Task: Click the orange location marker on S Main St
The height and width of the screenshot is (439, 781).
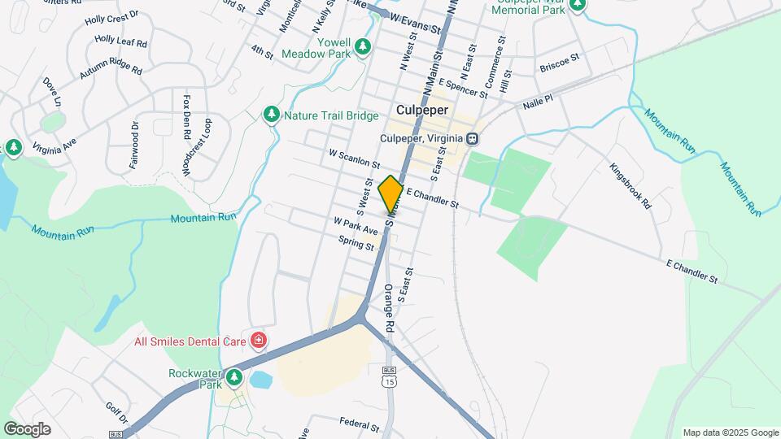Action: click(x=390, y=194)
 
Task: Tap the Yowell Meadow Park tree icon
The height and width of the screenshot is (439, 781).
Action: click(x=364, y=46)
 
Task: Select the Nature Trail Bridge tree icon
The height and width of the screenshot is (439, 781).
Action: click(x=272, y=115)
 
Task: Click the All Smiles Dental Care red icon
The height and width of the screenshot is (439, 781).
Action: click(x=259, y=339)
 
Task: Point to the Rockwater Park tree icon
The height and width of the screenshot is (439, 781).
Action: click(x=234, y=377)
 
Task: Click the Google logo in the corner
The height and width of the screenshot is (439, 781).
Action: click(x=27, y=428)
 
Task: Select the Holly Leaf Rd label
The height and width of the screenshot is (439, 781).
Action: click(x=120, y=39)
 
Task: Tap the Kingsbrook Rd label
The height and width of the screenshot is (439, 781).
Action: click(x=631, y=186)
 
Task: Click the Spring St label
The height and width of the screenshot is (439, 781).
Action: click(x=357, y=241)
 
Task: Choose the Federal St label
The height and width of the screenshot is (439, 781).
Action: click(x=360, y=425)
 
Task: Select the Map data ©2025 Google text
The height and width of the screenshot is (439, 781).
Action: click(x=731, y=432)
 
